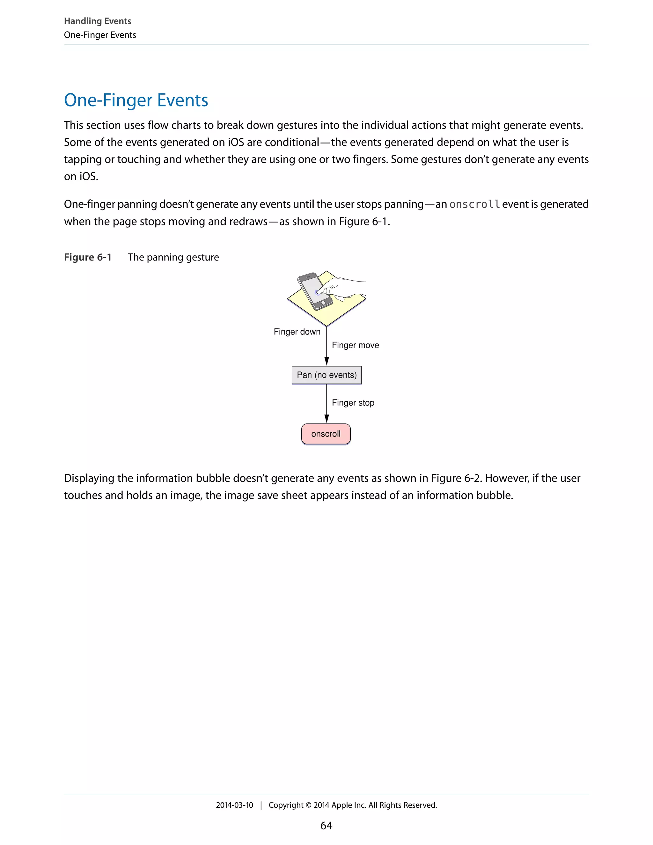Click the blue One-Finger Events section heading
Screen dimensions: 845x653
pyautogui.click(x=136, y=100)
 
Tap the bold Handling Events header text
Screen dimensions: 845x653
pyautogui.click(x=98, y=21)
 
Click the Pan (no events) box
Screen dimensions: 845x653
pyautogui.click(x=326, y=375)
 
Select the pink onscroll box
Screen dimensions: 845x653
pyautogui.click(x=326, y=434)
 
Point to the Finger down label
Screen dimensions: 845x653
pyautogui.click(x=297, y=332)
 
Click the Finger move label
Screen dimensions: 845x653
pyautogui.click(x=355, y=345)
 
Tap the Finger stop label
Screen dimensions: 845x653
pyautogui.click(x=353, y=403)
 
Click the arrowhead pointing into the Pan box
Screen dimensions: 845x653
pyautogui.click(x=326, y=361)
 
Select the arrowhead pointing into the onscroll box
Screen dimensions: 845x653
pyautogui.click(x=326, y=419)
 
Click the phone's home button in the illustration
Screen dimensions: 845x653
pyautogui.click(x=323, y=303)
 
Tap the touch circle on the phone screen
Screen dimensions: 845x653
pyautogui.click(x=317, y=292)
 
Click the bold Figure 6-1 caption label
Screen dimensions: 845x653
pyautogui.click(x=87, y=257)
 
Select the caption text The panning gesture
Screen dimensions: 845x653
pyautogui.click(x=173, y=257)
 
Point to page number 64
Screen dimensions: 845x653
pyautogui.click(x=326, y=825)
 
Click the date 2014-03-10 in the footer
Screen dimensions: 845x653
pyautogui.click(x=234, y=805)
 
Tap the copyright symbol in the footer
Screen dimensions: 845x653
pyautogui.click(x=308, y=805)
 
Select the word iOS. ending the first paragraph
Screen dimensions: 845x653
pyautogui.click(x=89, y=176)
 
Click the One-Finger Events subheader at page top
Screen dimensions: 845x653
pyautogui.click(x=100, y=35)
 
